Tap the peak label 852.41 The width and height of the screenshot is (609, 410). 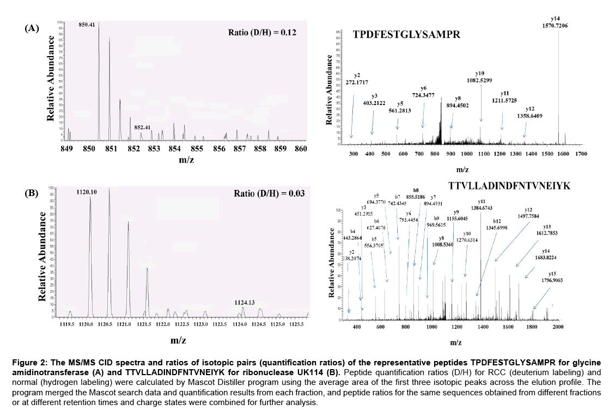pos(142,127)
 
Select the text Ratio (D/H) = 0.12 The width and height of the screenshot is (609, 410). pos(262,33)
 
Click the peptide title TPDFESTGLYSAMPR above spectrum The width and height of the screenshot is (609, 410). pos(407,35)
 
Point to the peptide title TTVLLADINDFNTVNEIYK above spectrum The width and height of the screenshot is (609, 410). pos(509,186)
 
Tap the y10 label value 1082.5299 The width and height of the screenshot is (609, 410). pos(480,81)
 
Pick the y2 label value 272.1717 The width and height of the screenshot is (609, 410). pos(357,82)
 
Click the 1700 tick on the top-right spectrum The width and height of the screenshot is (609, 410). pos(580,155)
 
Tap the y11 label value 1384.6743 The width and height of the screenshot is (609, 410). pos(481,207)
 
